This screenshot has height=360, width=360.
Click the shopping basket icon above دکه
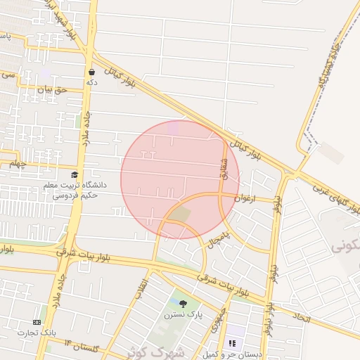click(92, 72)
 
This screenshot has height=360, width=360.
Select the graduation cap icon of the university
click(75, 175)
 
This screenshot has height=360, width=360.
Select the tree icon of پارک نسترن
click(184, 304)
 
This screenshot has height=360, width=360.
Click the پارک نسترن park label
click(184, 315)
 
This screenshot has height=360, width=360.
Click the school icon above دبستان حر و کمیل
click(231, 343)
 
